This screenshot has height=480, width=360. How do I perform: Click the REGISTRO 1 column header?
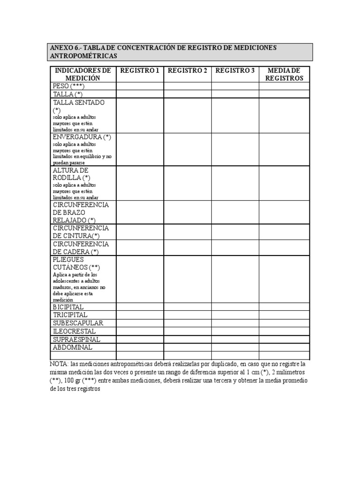pyautogui.click(x=140, y=71)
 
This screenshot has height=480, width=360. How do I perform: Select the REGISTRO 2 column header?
pyautogui.click(x=187, y=71)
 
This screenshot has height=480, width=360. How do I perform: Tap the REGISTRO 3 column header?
pyautogui.click(x=235, y=71)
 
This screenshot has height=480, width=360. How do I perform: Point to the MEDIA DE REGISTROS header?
pyautogui.click(x=284, y=75)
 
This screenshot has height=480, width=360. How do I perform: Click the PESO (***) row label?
pyautogui.click(x=68, y=86)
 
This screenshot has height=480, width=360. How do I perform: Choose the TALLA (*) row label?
pyautogui.click(x=68, y=94)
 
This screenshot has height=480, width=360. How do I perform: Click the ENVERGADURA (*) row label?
pyautogui.click(x=82, y=136)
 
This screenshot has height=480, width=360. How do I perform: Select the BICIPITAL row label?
pyautogui.click(x=68, y=307)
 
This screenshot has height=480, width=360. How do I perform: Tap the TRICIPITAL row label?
pyautogui.click(x=70, y=315)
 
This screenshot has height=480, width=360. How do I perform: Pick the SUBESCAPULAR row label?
pyautogui.click(x=78, y=323)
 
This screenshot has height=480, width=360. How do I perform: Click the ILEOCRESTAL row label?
pyautogui.click(x=74, y=331)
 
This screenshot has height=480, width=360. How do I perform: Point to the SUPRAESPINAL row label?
pyautogui.click(x=76, y=339)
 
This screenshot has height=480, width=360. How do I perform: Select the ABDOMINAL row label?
pyautogui.click(x=73, y=347)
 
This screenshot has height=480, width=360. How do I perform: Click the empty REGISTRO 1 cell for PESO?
pyautogui.click(x=140, y=86)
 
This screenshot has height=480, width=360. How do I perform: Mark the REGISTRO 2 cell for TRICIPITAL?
pyautogui.click(x=187, y=315)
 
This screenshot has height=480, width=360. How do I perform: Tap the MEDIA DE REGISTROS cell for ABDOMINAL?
pyautogui.click(x=284, y=347)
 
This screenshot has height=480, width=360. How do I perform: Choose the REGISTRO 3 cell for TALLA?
pyautogui.click(x=235, y=94)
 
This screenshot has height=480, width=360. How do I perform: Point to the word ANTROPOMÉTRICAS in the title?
pyautogui.click(x=83, y=56)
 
